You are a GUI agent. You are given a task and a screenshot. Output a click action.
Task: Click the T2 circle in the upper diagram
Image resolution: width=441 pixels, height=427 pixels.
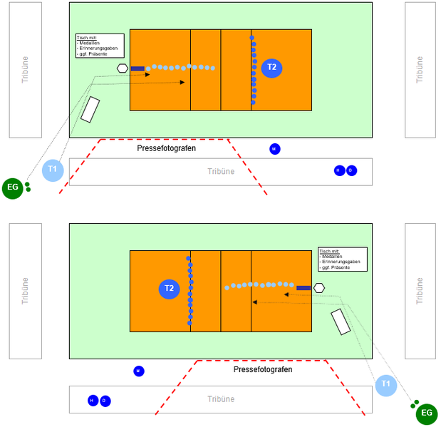point(271,68)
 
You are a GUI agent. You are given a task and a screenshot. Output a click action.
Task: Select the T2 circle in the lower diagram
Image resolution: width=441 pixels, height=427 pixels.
point(169,289)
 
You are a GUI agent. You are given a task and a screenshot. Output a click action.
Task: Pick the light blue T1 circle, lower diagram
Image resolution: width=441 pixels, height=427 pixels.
point(386,385)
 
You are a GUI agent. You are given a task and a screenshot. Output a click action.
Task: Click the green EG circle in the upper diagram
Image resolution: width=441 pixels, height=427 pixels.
point(12,187)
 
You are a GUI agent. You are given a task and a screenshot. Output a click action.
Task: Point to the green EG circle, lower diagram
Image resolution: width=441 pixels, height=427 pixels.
point(427,413)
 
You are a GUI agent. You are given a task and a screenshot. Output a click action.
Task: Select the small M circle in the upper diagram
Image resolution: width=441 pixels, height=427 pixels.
point(275,148)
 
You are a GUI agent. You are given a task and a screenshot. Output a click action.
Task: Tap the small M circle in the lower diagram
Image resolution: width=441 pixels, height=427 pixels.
point(139,371)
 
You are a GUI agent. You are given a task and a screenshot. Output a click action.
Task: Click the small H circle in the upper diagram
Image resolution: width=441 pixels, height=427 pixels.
point(340,170)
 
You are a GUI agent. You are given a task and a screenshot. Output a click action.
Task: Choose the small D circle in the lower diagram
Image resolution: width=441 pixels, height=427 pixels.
point(105,401)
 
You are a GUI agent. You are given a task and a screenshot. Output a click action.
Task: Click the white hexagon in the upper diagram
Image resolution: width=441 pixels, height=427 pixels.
point(123,68)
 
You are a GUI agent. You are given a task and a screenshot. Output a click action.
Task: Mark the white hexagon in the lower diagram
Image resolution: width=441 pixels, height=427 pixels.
point(319,288)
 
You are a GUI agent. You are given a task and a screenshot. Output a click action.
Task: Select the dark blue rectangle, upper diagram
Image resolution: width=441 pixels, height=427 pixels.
point(138,69)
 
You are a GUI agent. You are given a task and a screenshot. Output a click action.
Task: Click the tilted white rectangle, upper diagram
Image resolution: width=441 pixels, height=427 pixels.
point(90,108)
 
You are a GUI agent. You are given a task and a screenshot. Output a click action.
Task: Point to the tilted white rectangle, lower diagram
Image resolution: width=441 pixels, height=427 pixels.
point(341,321)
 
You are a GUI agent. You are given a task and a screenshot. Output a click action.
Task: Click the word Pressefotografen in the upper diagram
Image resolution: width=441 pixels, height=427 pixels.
point(166,148)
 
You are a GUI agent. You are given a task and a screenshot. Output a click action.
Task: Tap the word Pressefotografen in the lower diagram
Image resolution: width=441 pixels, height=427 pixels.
point(263,370)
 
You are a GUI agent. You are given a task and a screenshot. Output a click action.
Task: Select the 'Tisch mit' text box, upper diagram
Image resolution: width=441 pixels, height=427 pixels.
point(100,46)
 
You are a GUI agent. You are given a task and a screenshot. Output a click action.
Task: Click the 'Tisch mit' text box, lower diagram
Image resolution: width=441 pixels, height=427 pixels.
point(343,259)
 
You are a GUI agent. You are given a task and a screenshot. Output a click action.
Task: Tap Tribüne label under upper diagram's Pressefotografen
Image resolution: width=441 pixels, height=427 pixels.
point(220,171)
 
